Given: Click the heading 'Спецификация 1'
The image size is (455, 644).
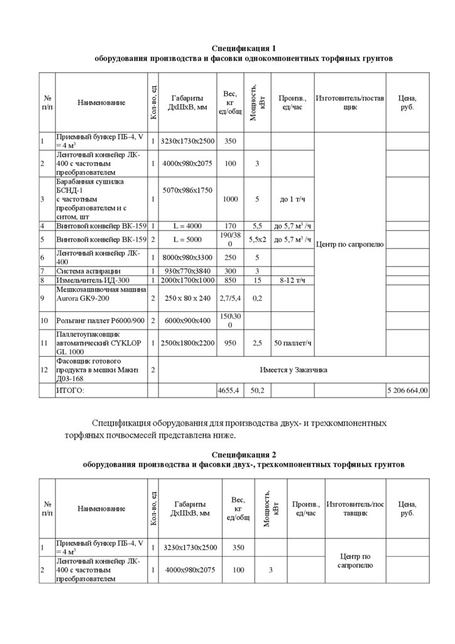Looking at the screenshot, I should (x=243, y=48).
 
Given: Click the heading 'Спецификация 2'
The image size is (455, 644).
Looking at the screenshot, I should (x=243, y=454).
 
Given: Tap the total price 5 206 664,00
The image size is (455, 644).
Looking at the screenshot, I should (x=407, y=391).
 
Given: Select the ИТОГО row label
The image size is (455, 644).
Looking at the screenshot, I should (x=70, y=391).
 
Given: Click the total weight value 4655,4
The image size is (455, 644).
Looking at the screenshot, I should (x=230, y=391).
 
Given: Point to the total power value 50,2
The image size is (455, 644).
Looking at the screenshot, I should (x=257, y=391).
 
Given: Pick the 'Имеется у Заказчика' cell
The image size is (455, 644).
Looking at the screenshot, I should (x=293, y=370).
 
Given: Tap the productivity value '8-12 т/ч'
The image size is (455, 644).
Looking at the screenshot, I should (x=292, y=280).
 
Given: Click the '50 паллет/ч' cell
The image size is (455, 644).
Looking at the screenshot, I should (x=292, y=343).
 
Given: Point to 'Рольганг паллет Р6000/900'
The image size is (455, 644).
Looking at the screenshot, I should (x=101, y=321).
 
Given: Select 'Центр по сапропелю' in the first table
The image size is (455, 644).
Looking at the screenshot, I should (x=349, y=244).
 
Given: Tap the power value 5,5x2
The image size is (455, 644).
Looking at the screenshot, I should (x=257, y=240).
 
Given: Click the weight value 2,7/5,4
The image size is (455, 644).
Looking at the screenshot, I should (x=230, y=298).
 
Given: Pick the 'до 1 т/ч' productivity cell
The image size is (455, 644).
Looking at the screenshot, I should (x=292, y=199).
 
